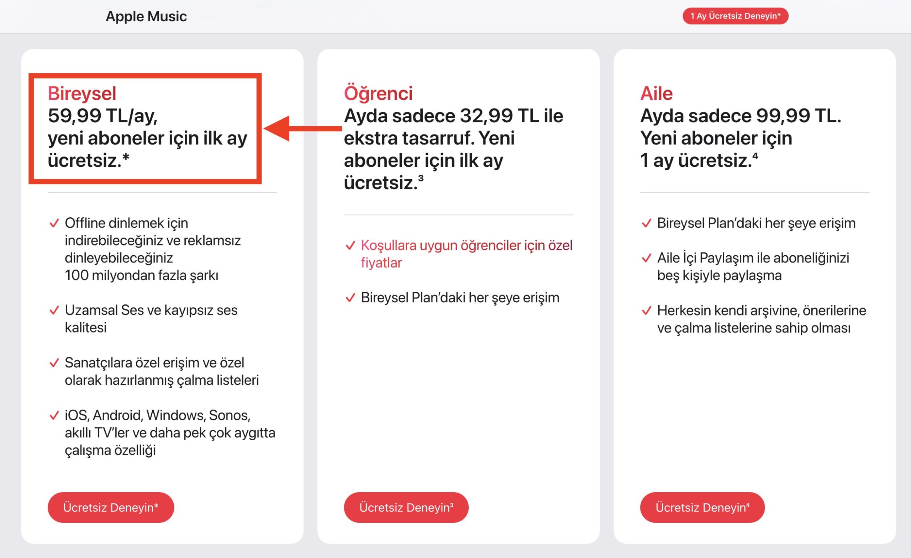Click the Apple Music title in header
(x=146, y=17)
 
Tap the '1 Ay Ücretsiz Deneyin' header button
(x=735, y=16)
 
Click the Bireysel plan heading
(x=82, y=93)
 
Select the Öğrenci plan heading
(x=378, y=93)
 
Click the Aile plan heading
(x=656, y=93)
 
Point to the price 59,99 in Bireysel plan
(x=74, y=116)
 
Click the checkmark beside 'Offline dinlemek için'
(x=54, y=223)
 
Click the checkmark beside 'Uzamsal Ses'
(x=54, y=310)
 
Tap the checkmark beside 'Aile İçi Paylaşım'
(x=646, y=258)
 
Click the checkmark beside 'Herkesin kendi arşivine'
(x=646, y=311)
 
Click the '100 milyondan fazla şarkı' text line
(x=141, y=275)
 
